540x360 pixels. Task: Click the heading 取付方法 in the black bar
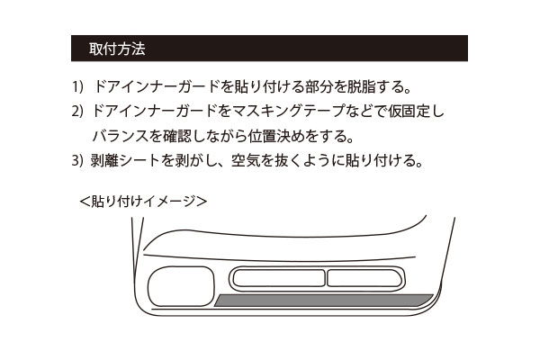(117, 49)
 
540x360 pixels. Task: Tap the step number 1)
(77, 86)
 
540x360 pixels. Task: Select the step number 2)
(77, 111)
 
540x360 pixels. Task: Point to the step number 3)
(77, 160)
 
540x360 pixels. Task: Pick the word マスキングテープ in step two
(289, 111)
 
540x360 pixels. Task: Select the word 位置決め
(276, 136)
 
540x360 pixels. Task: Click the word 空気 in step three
(245, 160)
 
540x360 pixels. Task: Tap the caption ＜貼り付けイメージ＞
(143, 202)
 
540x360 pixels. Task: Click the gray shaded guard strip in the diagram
(323, 301)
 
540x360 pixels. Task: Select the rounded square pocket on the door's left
(181, 286)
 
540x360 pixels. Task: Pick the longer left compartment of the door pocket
(279, 278)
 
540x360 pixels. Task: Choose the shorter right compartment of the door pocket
(364, 278)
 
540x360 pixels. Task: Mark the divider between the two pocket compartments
(326, 278)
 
